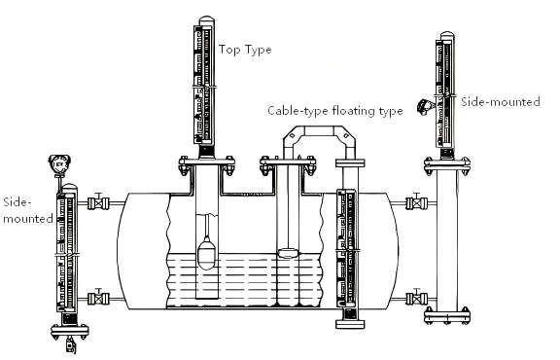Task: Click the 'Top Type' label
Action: pos(244,48)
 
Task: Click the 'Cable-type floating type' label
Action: pos(335,111)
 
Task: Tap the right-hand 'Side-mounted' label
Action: pos(500,100)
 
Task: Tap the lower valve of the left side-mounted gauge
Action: pos(95,297)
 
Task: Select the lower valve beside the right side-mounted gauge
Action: pos(414,295)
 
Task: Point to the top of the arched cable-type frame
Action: pos(321,131)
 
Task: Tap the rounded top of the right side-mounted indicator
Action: pos(446,37)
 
